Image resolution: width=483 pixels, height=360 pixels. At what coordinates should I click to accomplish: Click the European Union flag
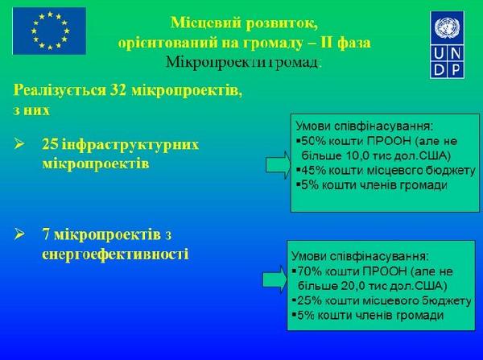point(49,31)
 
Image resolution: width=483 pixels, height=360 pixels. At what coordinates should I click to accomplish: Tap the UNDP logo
point(447,44)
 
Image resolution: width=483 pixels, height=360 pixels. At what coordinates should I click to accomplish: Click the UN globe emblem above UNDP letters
point(447,27)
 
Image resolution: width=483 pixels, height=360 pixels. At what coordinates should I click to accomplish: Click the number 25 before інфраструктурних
point(50,144)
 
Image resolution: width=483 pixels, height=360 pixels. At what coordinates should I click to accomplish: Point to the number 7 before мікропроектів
point(46,234)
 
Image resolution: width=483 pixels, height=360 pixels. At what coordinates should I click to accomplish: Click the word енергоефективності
point(115,254)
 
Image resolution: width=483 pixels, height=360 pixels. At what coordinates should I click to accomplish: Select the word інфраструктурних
point(130,145)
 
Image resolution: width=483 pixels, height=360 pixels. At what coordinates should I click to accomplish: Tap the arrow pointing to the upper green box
point(279,166)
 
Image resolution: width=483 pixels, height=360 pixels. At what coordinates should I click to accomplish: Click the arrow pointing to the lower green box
point(275,279)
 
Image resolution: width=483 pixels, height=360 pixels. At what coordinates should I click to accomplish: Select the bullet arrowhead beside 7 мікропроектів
point(19,234)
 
